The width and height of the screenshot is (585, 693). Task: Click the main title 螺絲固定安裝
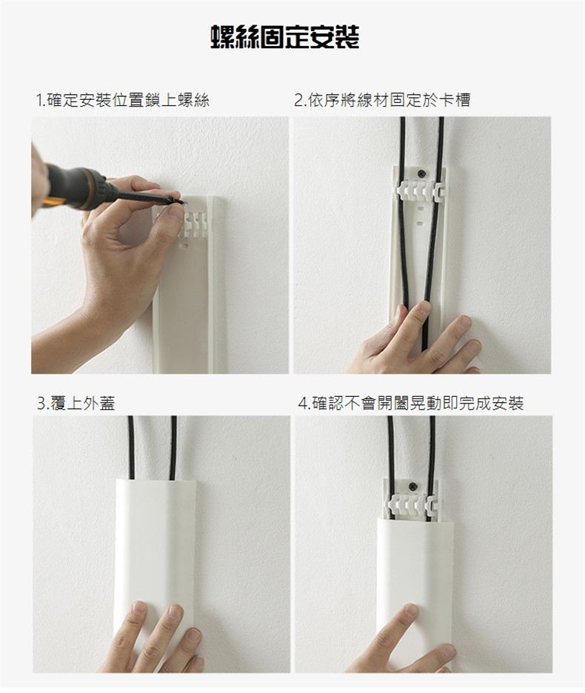285,37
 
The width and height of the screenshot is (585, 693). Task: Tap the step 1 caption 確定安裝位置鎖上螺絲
128,101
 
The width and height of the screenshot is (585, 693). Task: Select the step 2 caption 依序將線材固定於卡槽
388,101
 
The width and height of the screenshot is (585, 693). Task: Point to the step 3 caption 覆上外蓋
83,403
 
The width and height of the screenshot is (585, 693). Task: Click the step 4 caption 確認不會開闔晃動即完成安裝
418,403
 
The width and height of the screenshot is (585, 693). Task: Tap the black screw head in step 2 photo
424,174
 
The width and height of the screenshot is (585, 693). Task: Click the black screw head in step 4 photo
413,486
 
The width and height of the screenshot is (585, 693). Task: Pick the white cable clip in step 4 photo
410,505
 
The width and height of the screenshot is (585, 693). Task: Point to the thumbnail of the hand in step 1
174,213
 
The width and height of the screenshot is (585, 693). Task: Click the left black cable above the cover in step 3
131,447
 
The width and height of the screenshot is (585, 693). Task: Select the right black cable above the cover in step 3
173,447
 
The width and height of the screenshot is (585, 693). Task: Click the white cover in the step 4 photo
415,588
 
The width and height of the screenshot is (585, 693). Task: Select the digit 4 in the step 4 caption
302,404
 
